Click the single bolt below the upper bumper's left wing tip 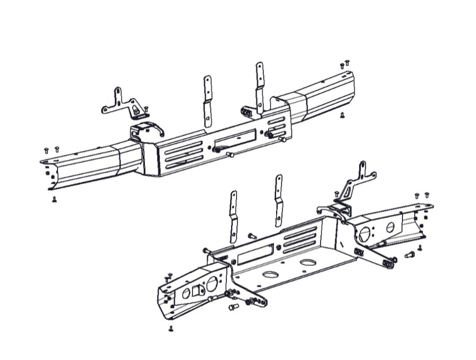[x=54, y=200]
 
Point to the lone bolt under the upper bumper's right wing [x=343, y=114]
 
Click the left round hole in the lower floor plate [x=270, y=275]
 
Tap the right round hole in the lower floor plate [x=308, y=263]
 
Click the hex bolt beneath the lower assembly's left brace [x=231, y=308]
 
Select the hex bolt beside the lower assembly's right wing [x=408, y=256]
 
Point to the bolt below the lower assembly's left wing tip [x=171, y=329]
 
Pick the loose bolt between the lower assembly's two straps [x=251, y=235]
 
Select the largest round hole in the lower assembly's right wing [x=365, y=232]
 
